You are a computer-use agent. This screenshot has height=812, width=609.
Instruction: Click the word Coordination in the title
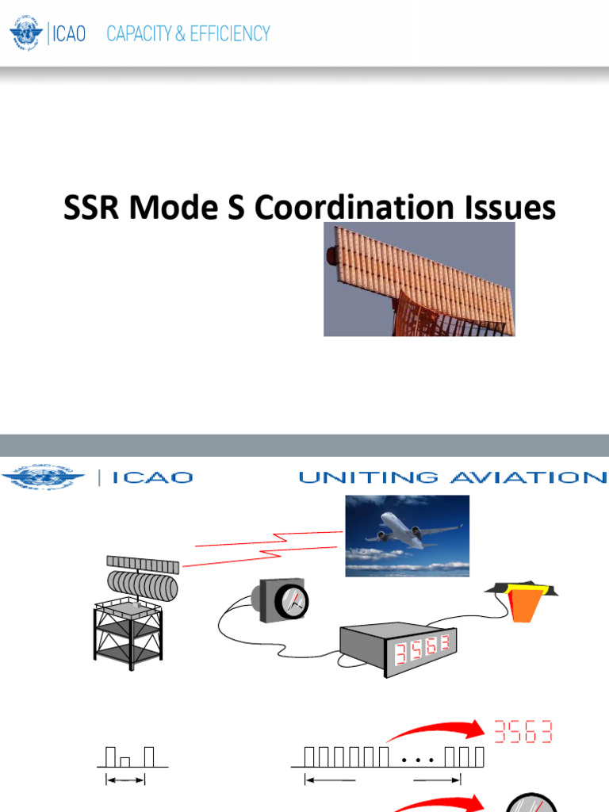349,209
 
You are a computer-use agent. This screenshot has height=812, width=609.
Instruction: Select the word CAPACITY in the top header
136,33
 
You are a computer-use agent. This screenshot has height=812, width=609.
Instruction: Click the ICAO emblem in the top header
27,33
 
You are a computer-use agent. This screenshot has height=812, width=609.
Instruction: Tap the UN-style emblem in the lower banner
43,478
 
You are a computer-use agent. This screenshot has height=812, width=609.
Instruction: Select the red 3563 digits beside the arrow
523,730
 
